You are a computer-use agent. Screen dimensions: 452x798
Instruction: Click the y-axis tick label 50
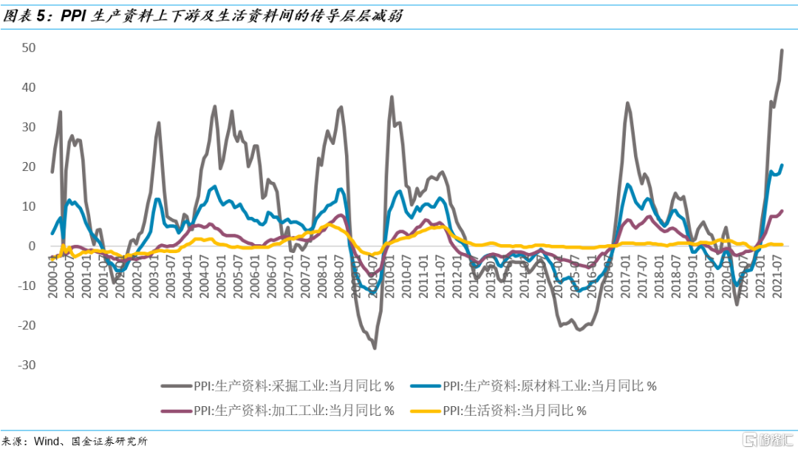[30, 48]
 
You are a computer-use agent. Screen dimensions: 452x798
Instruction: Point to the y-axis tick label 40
[30, 87]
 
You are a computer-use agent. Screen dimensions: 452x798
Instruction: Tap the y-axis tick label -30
[28, 365]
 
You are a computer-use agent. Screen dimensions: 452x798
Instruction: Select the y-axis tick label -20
[28, 325]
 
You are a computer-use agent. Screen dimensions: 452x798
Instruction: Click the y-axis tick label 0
[33, 246]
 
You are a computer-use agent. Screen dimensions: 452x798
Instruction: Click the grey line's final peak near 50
[782, 50]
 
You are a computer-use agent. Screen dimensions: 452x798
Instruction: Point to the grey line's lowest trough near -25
[375, 348]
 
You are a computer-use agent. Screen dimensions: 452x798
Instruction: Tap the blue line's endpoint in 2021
[782, 165]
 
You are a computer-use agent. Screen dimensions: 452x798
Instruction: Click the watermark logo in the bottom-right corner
[768, 440]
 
